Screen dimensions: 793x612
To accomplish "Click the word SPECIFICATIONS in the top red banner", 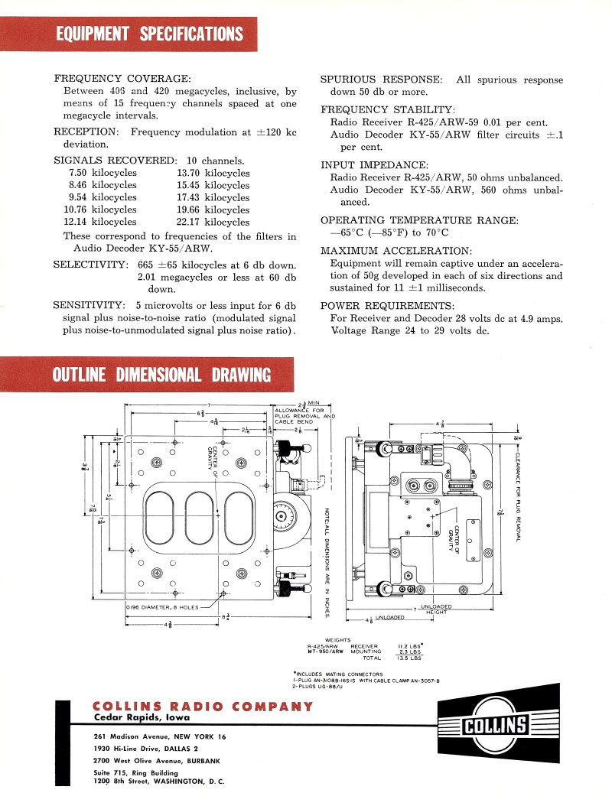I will (x=191, y=34).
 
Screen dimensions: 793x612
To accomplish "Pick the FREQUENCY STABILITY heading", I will (x=387, y=109).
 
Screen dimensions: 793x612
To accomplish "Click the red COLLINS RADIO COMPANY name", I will (x=202, y=707).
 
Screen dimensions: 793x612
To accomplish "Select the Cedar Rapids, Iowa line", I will (x=142, y=718).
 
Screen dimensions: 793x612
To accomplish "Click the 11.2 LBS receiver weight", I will (x=410, y=645).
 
